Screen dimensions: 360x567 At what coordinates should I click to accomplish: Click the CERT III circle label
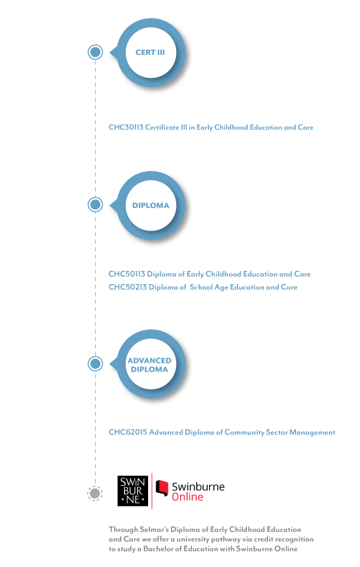(151, 52)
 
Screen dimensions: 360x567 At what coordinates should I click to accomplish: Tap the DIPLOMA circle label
(151, 206)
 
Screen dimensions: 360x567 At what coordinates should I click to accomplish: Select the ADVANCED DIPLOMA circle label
(149, 365)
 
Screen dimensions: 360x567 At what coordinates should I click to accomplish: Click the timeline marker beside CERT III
(95, 52)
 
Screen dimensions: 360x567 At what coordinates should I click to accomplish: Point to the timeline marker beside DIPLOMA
(95, 205)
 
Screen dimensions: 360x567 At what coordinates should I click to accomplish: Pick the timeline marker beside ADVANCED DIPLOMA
(95, 363)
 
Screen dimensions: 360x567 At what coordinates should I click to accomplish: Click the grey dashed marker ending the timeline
(95, 493)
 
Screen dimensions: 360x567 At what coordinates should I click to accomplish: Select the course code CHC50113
(127, 274)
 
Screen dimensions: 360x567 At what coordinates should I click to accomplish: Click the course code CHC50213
(128, 287)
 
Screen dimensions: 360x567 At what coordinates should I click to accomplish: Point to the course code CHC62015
(128, 432)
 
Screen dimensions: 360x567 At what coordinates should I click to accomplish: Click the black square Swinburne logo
(133, 491)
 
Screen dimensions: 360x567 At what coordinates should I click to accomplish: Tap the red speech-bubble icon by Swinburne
(162, 488)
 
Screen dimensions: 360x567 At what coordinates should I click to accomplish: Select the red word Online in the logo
(187, 497)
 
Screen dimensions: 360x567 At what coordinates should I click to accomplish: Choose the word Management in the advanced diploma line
(312, 432)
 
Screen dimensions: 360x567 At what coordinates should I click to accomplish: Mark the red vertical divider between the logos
(152, 491)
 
